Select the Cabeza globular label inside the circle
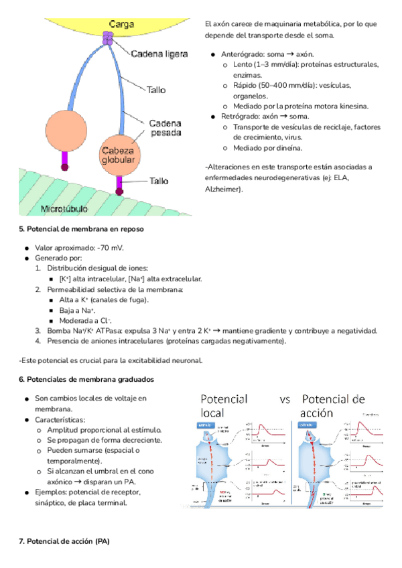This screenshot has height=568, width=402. tap(118, 155)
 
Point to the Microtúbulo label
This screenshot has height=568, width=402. tap(64, 209)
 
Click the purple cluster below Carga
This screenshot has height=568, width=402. tap(108, 38)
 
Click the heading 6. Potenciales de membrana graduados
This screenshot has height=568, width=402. tap(86, 379)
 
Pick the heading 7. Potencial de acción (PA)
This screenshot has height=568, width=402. tap(59, 540)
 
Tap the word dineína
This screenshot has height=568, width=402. tap(289, 147)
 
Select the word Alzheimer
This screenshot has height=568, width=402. tap(222, 189)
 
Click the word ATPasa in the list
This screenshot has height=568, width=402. tap(109, 331)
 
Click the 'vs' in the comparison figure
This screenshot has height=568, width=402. tap(285, 400)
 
